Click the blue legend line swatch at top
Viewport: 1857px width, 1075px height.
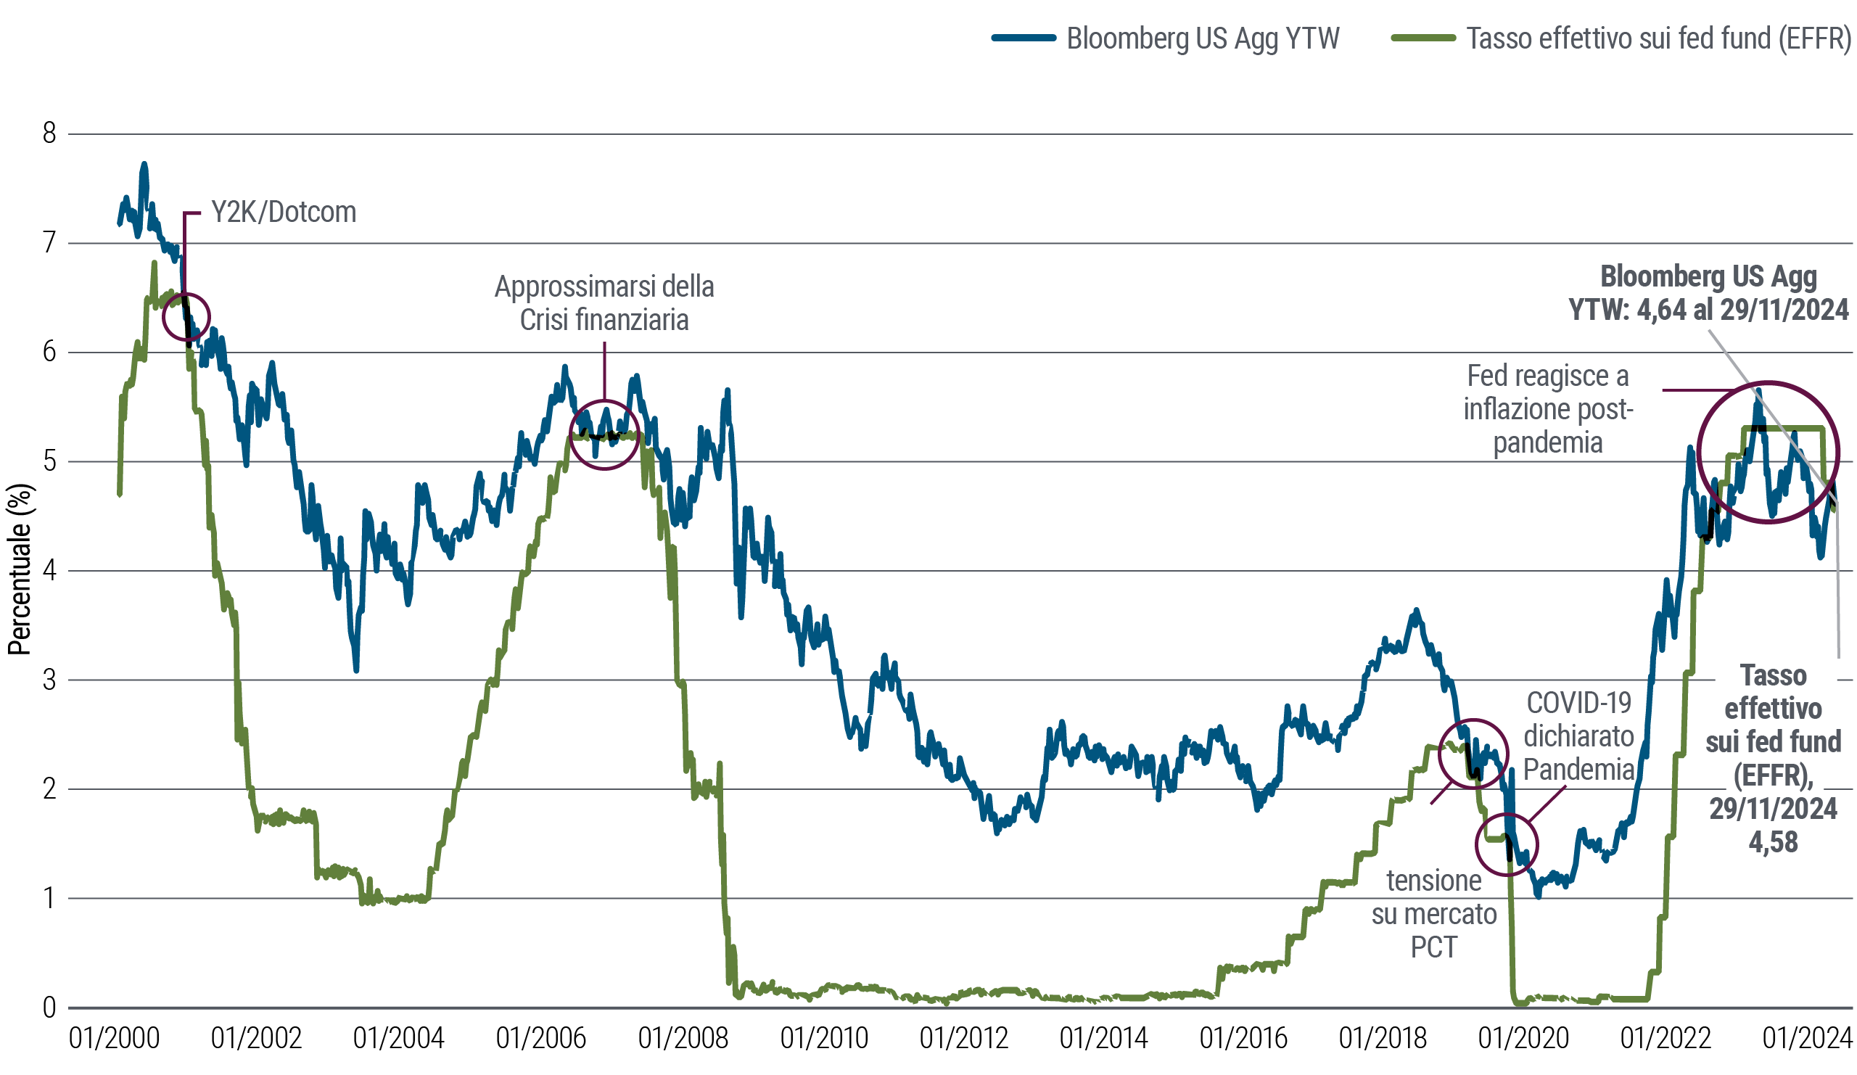[x=1029, y=38]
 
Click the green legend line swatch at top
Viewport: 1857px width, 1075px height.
[x=1431, y=38]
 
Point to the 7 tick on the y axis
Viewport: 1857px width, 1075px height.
[x=54, y=242]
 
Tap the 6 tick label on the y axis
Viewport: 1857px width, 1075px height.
[x=52, y=352]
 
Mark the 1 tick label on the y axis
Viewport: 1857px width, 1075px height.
[x=52, y=897]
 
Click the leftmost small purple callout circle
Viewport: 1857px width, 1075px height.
[x=184, y=317]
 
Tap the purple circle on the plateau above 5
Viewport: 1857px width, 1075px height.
[x=604, y=434]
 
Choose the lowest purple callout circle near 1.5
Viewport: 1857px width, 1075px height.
[x=1504, y=844]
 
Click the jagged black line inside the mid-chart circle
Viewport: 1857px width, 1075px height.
[x=604, y=433]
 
